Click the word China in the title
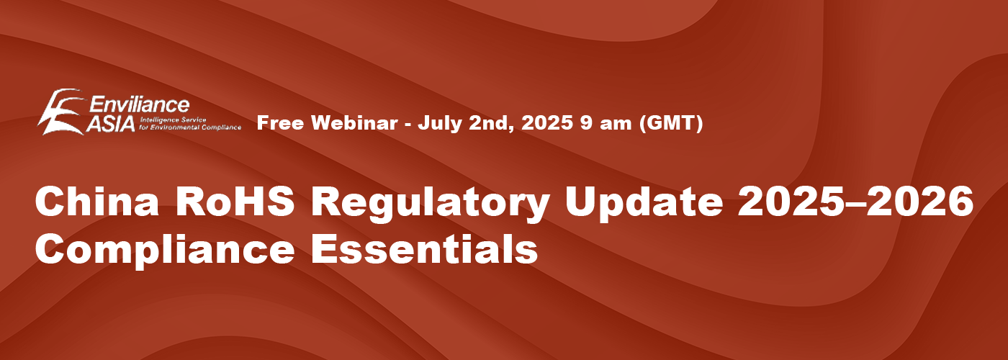pos(96,202)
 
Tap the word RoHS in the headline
pos(235,202)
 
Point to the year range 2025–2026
pos(856,202)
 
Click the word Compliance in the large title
pos(165,250)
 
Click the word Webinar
pos(354,123)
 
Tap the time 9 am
pos(606,123)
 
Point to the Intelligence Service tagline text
pos(174,120)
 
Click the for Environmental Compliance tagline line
pos(190,127)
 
